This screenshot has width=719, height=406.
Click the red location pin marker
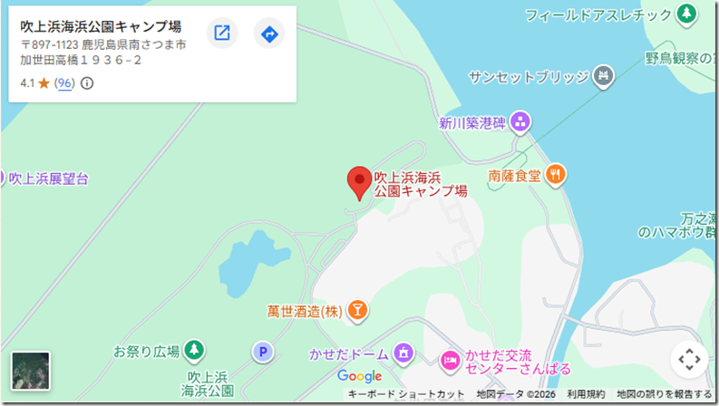click(359, 181)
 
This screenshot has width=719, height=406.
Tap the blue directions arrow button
click(268, 34)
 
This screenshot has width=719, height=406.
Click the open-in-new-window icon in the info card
click(222, 34)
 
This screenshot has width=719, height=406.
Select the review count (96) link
click(63, 83)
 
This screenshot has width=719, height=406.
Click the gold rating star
click(44, 83)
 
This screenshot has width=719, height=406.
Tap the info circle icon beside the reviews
click(87, 83)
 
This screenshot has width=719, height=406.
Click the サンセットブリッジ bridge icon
click(602, 77)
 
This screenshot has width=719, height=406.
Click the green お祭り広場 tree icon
click(192, 349)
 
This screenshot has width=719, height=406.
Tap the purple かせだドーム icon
click(404, 353)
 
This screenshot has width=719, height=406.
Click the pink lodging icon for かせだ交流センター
click(449, 361)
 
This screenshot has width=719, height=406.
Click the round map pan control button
click(688, 360)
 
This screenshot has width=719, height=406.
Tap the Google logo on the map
click(360, 376)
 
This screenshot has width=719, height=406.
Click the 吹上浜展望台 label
click(49, 179)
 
